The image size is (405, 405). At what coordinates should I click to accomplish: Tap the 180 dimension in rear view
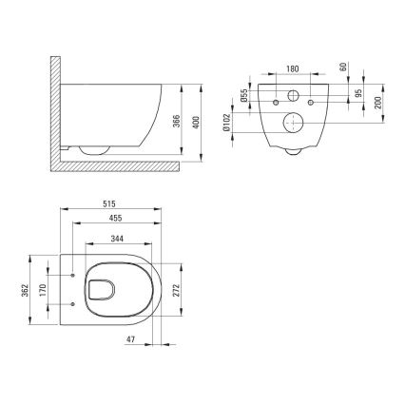coord(291,68)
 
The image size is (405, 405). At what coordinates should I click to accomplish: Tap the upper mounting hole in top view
coord(72,276)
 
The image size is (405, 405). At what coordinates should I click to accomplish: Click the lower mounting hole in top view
coord(72,302)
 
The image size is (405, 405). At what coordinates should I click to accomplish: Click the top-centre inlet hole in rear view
coord(291,98)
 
